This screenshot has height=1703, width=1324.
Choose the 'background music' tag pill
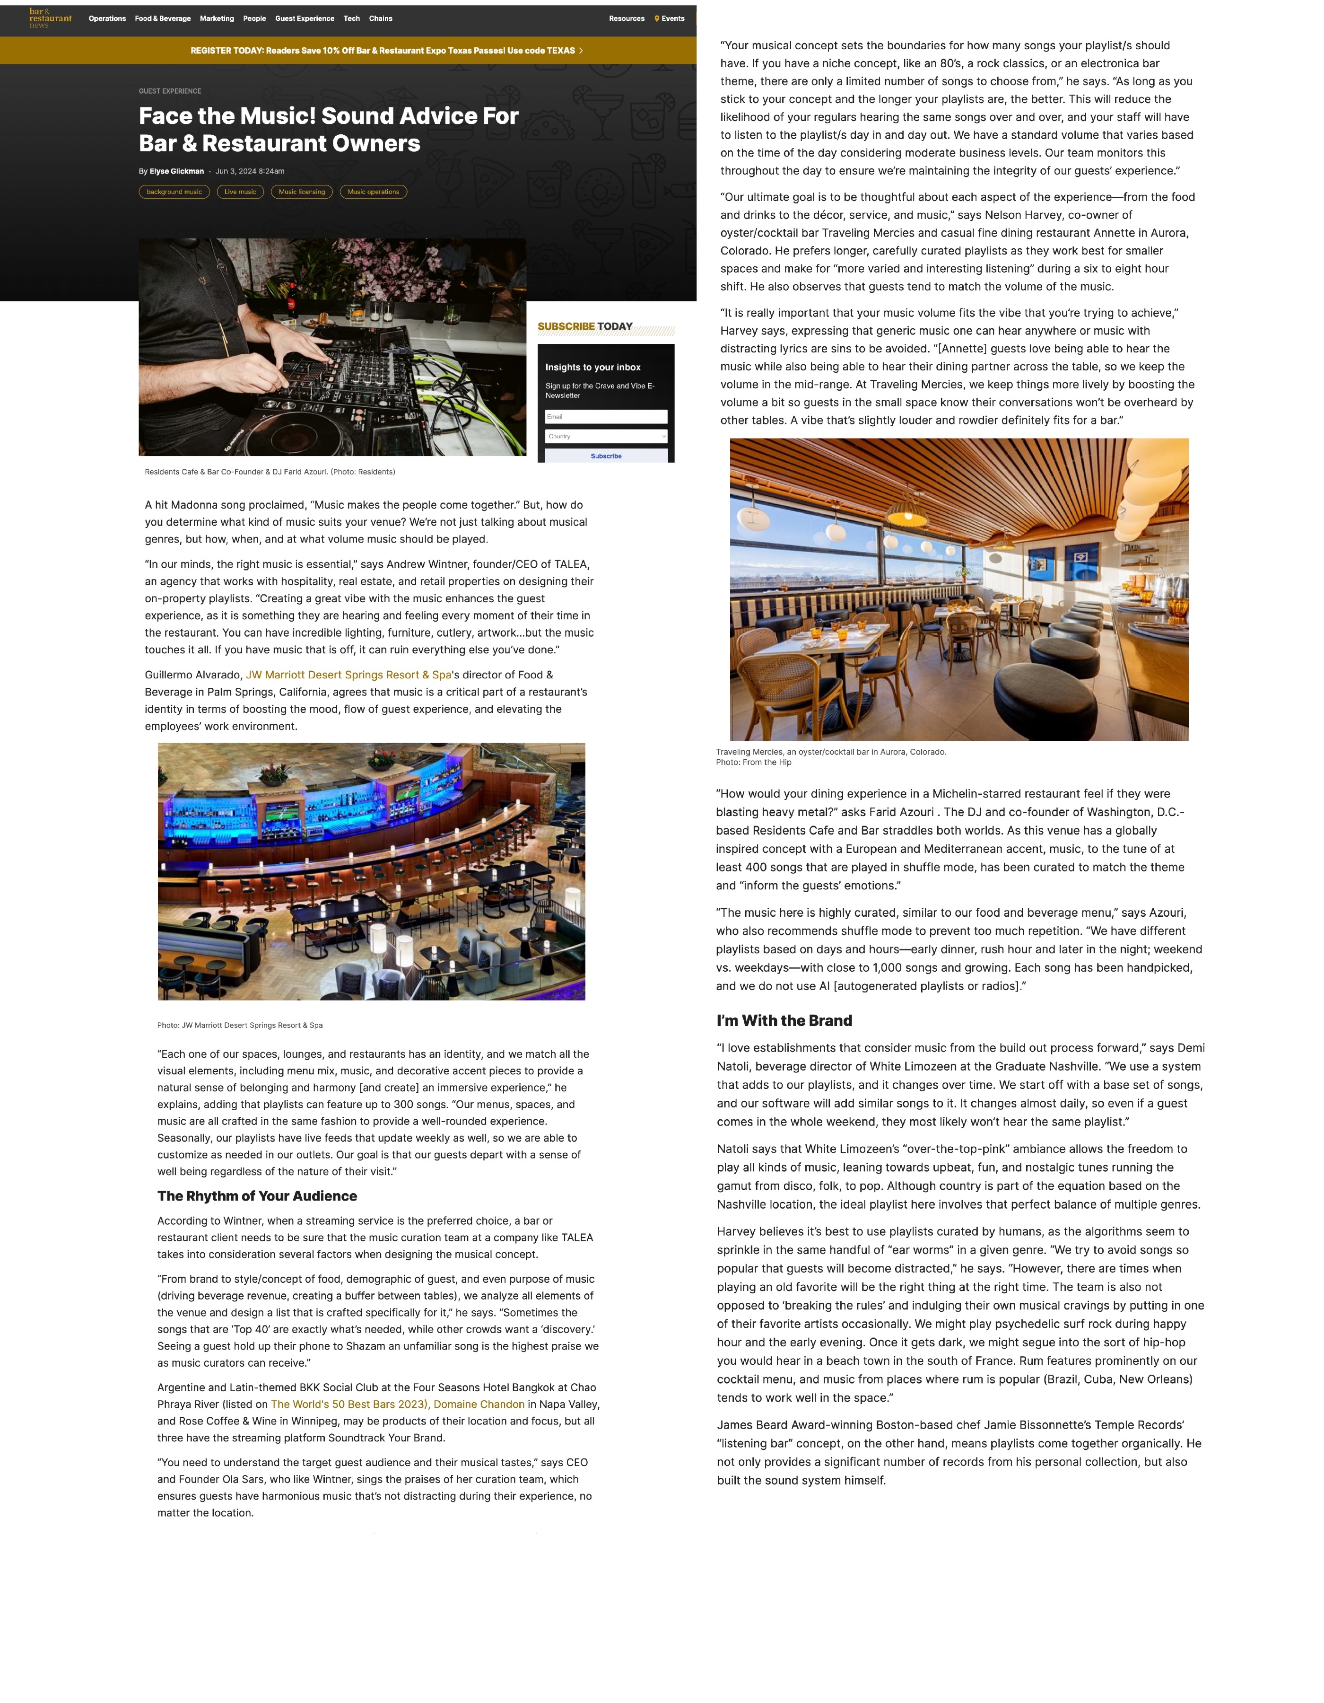click(174, 192)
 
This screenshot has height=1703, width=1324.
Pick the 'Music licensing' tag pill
click(302, 192)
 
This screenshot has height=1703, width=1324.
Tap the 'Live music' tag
click(240, 192)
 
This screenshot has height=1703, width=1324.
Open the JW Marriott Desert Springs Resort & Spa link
click(348, 675)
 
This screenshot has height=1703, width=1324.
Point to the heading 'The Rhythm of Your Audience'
click(257, 1196)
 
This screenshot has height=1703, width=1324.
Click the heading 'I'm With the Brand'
click(784, 1021)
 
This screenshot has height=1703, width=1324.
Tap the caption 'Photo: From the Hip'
click(753, 763)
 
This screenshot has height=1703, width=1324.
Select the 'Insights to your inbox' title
click(592, 367)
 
